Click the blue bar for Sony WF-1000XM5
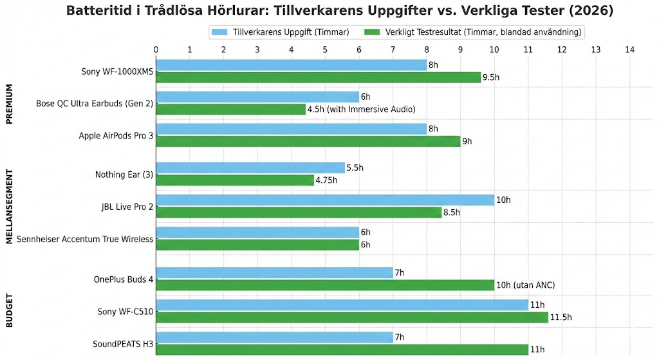click(291, 65)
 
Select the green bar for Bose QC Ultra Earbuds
click(230, 109)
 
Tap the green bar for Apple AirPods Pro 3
click(308, 141)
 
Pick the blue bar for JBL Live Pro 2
click(325, 200)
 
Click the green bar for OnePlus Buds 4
click(325, 285)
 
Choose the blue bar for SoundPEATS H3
click(274, 337)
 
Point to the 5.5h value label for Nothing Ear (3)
click(355, 168)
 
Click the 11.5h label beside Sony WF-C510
click(561, 317)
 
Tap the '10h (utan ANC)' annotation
click(525, 285)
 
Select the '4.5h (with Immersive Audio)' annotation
click(361, 109)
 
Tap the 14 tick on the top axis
click(629, 49)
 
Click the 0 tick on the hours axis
click(156, 49)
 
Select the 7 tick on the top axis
click(393, 49)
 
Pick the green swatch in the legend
click(374, 32)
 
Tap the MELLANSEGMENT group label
click(10, 207)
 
